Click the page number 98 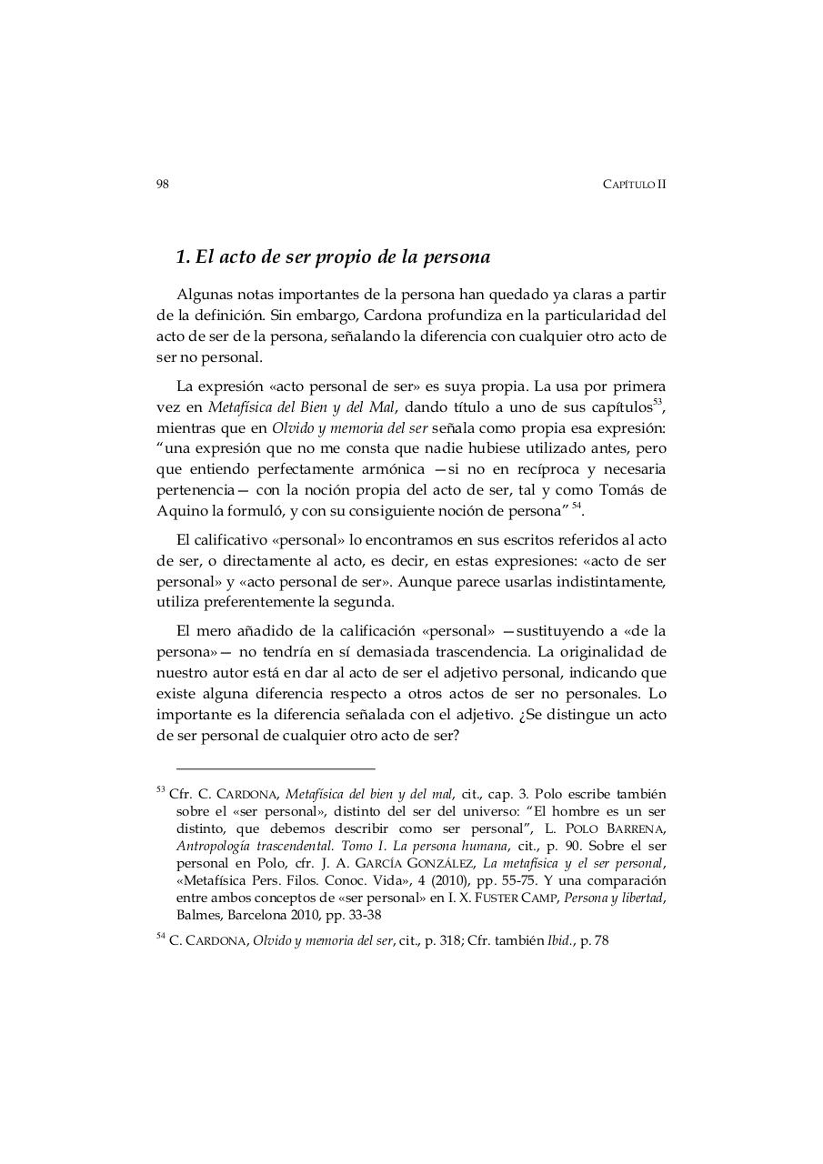click(x=163, y=184)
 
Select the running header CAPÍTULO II click(x=634, y=184)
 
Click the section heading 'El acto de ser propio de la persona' click(x=333, y=257)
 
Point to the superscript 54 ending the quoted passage click(x=577, y=506)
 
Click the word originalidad click(x=617, y=652)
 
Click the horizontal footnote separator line click(x=275, y=768)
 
